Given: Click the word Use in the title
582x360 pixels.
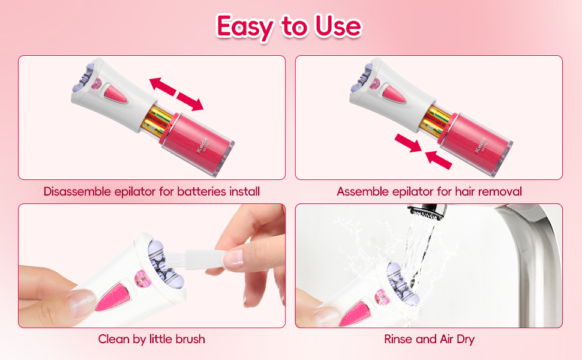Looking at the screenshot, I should point(335,26).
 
